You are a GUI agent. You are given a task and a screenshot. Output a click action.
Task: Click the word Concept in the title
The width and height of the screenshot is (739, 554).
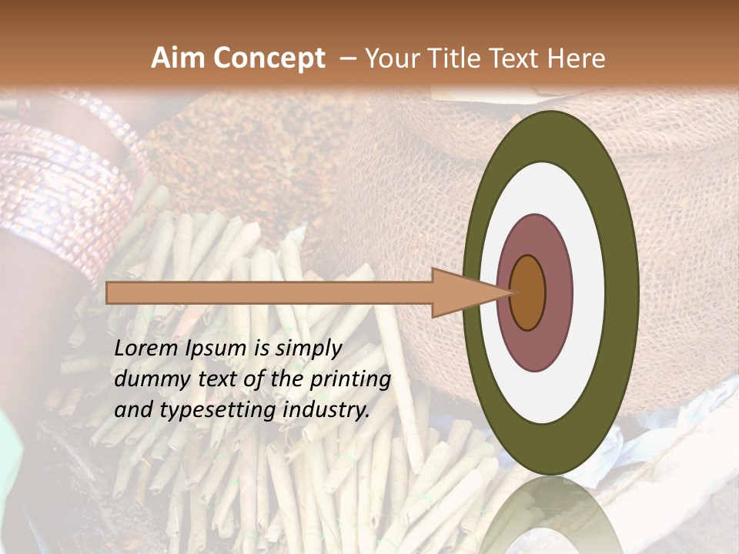tap(269, 59)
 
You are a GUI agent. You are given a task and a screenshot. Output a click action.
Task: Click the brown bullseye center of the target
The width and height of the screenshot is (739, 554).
tap(528, 293)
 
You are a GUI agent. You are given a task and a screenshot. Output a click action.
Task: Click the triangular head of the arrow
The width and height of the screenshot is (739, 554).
tap(462, 292)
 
